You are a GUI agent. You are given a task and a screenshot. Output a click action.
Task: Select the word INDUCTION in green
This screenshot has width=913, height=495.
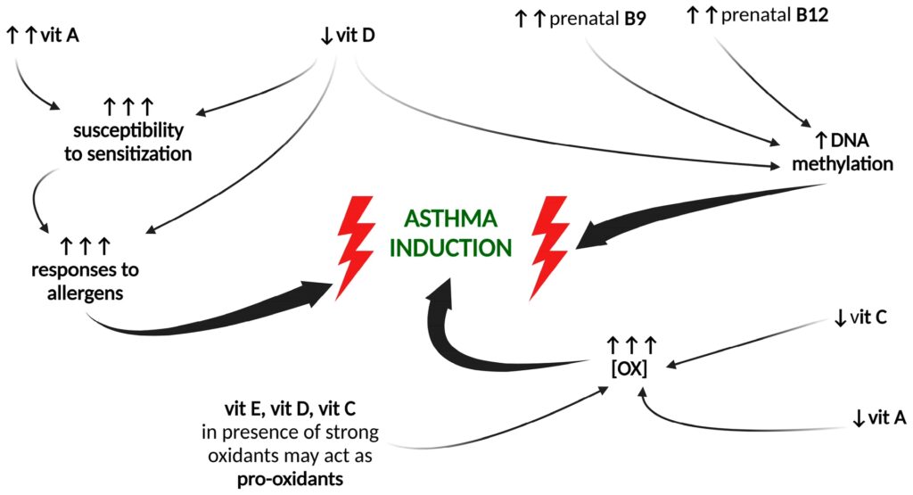(454, 247)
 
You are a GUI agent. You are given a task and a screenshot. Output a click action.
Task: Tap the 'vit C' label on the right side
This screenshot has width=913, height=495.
(865, 317)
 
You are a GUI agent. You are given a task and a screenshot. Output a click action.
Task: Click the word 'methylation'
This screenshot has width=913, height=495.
(842, 163)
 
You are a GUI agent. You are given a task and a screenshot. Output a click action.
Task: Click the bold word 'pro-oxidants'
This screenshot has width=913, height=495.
(292, 479)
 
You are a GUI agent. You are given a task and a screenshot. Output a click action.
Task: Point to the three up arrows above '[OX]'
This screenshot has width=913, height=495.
(630, 343)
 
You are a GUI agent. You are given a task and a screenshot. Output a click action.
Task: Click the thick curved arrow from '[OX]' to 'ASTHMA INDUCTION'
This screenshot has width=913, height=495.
(481, 348)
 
